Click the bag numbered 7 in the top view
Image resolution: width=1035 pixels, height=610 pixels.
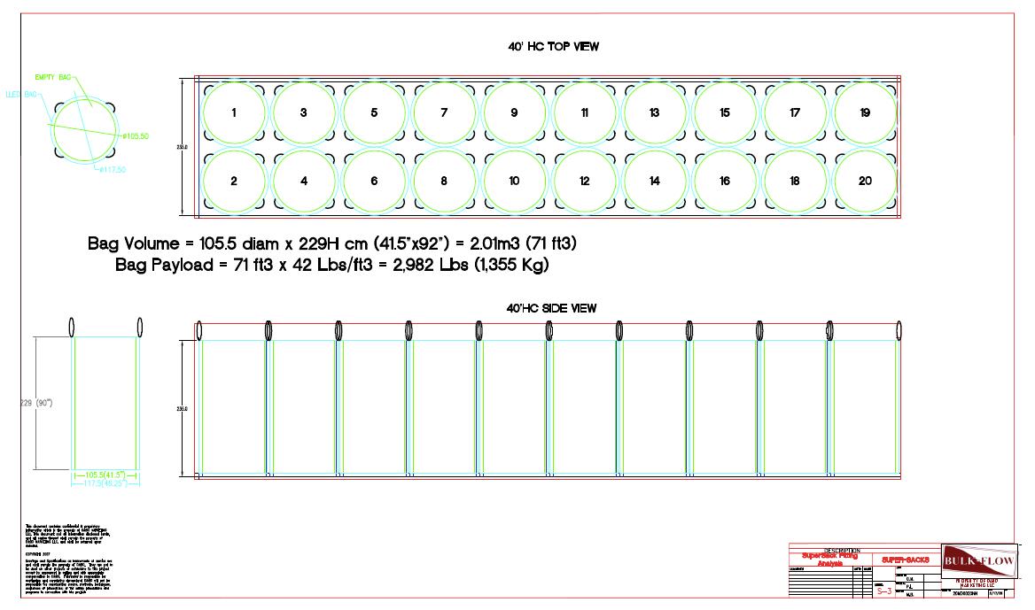point(444,113)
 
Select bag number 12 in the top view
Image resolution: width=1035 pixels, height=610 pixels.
point(584,181)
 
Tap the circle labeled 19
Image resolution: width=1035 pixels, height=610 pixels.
point(865,113)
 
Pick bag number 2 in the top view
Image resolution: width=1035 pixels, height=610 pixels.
point(233,181)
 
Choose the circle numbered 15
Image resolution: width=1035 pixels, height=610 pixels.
point(725,113)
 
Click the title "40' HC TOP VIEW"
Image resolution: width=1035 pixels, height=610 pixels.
point(548,47)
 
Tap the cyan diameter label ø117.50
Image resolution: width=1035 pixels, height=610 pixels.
point(111,169)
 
